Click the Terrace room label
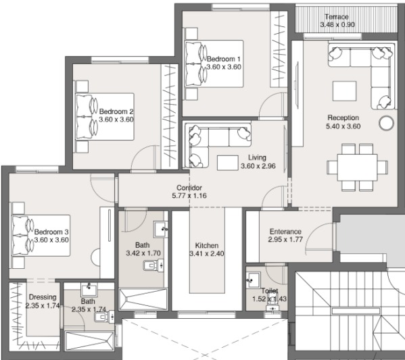point(337,17)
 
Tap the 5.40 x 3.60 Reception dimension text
point(343,126)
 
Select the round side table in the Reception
point(386,123)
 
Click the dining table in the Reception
point(357,168)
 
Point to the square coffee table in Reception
point(344,91)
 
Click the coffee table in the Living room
point(228,163)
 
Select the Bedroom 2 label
point(116,111)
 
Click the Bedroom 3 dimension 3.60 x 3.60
point(51,240)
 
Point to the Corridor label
point(189,188)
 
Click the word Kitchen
point(207,245)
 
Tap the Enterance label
point(285,232)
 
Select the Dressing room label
point(43,297)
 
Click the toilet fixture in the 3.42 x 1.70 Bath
point(153,265)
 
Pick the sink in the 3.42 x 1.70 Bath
point(161,229)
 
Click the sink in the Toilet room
point(253,280)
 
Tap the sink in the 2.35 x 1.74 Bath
point(89,290)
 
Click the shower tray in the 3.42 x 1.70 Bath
point(143,299)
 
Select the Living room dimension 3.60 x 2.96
point(258,166)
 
